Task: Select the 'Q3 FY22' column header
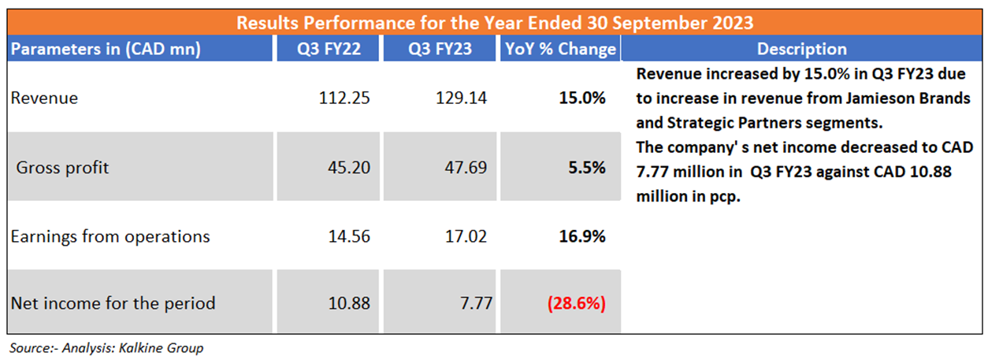pos(329,49)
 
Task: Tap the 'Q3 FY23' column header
pos(440,49)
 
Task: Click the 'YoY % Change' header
pos(560,49)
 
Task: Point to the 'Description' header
pos(801,49)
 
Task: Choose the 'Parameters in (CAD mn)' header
pos(106,49)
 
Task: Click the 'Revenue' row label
pos(44,98)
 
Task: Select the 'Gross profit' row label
pos(63,167)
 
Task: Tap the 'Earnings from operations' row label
pos(110,236)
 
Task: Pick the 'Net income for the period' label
pos(113,302)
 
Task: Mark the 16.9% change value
pos(584,236)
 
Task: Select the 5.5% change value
pos(588,167)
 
